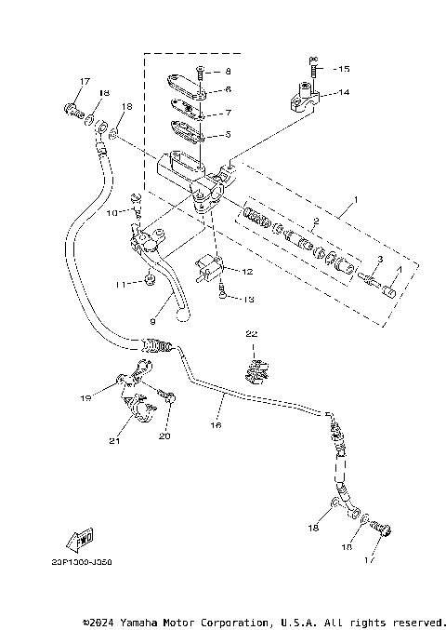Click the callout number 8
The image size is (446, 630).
click(x=229, y=71)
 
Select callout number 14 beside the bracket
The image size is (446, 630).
click(x=344, y=93)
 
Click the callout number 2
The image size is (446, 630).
click(x=315, y=221)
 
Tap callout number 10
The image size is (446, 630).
click(x=111, y=213)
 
